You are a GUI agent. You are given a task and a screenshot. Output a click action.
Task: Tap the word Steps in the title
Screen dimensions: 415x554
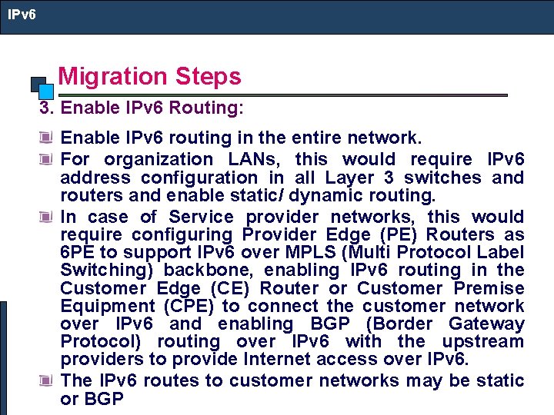pos(208,76)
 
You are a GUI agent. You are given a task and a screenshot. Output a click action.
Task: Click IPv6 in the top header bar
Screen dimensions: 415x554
pos(22,15)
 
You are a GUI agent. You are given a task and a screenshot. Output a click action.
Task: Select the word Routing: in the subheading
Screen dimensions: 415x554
pos(212,108)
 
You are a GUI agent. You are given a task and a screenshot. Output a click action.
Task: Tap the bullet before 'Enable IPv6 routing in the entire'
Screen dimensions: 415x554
pos(48,139)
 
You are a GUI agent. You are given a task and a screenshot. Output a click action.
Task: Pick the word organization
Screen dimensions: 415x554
pos(159,160)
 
